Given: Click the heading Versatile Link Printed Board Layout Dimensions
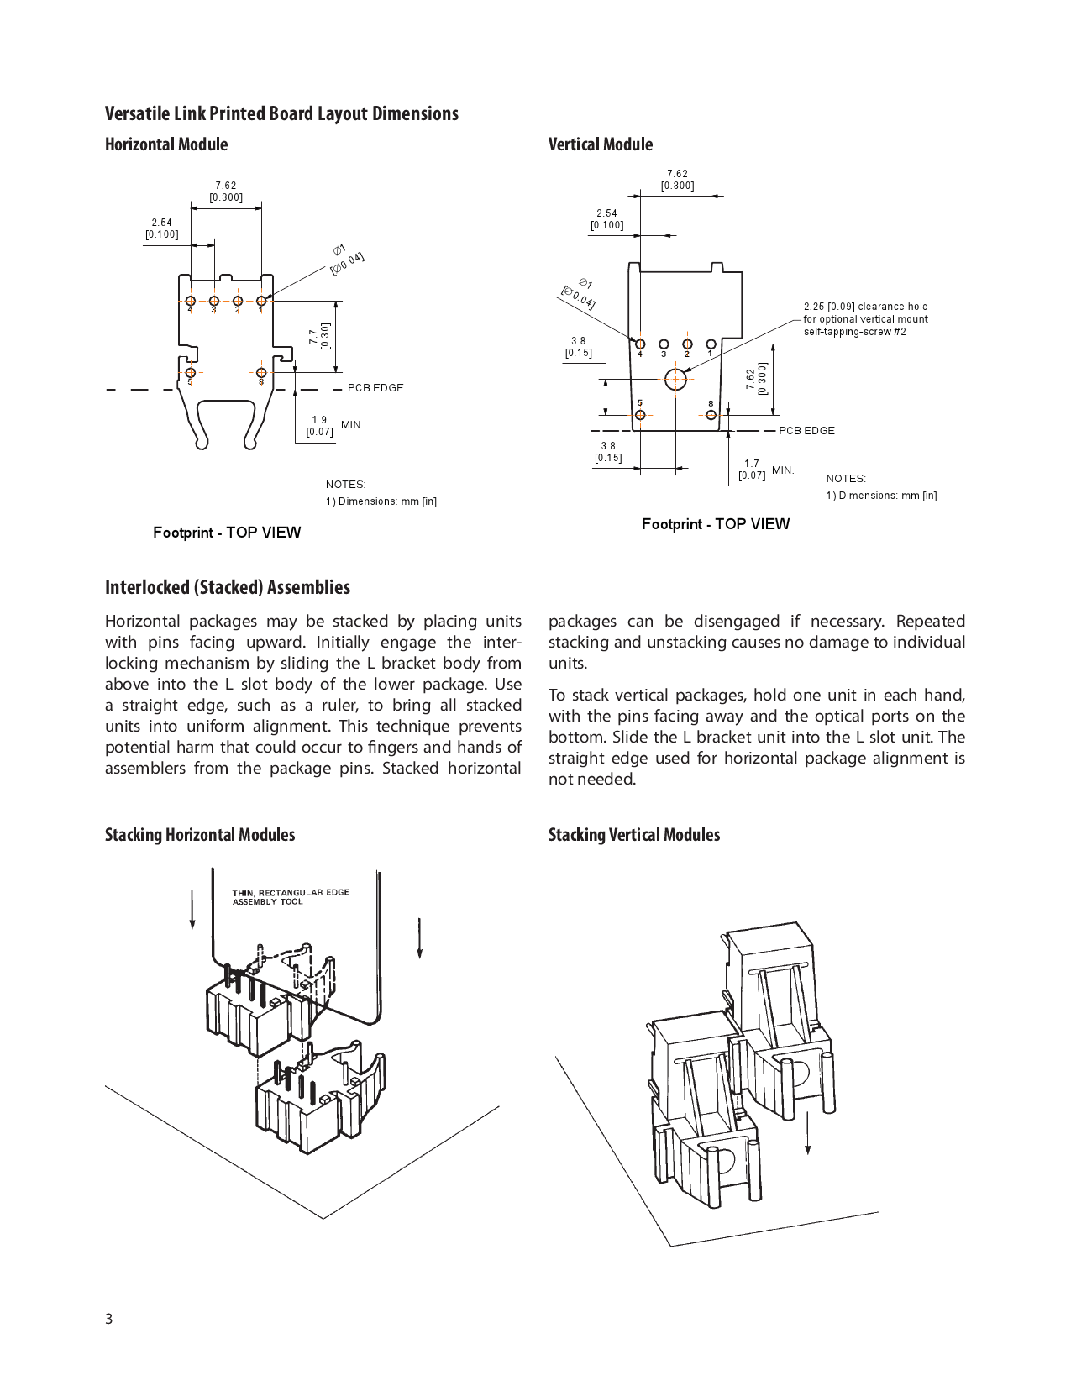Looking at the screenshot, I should pyautogui.click(x=281, y=113).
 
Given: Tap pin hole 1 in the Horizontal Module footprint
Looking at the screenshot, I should pyautogui.click(x=261, y=301).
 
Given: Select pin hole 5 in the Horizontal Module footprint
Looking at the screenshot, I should pyautogui.click(x=191, y=372).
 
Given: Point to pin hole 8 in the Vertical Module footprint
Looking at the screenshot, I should pyautogui.click(x=711, y=415).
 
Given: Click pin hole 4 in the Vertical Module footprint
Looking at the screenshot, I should pyautogui.click(x=640, y=344).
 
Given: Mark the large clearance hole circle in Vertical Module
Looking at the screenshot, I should pyautogui.click(x=675, y=380).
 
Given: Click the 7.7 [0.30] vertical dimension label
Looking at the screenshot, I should pyautogui.click(x=319, y=337).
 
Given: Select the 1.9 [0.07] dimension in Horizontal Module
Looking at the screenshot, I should pyautogui.click(x=319, y=426).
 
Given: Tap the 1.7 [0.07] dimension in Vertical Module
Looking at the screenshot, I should pyautogui.click(x=752, y=470).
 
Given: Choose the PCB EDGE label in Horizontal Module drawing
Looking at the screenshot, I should pyautogui.click(x=375, y=388).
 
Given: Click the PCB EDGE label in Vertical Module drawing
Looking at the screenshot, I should pyautogui.click(x=806, y=431).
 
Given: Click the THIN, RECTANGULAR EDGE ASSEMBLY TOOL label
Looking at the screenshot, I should pyautogui.click(x=290, y=897).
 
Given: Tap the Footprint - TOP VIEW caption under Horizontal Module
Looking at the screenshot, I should pyautogui.click(x=227, y=533).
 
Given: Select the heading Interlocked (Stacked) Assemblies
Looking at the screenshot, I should pyautogui.click(x=228, y=587).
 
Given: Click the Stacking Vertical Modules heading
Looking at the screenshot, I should pyautogui.click(x=634, y=835).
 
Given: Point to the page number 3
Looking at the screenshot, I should pyautogui.click(x=108, y=1318).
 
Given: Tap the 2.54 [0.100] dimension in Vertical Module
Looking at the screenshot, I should pyautogui.click(x=606, y=219).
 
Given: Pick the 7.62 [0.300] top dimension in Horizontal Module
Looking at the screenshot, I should pyautogui.click(x=226, y=192).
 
